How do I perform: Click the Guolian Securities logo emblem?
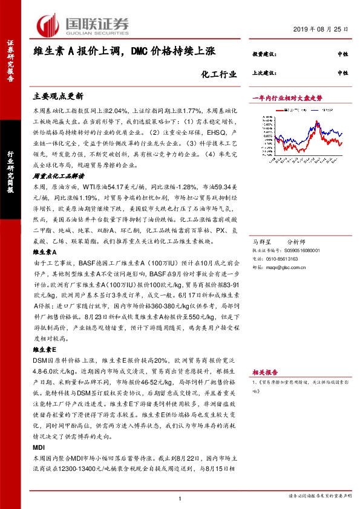48,24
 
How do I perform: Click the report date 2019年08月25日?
326,28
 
